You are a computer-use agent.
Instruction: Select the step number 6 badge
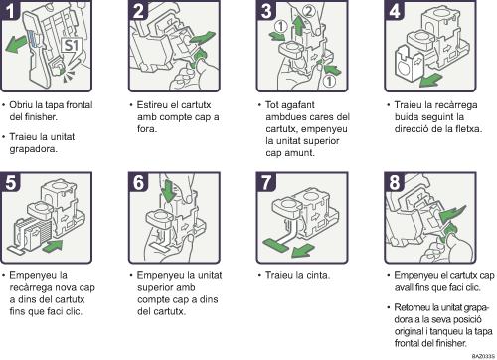(138, 185)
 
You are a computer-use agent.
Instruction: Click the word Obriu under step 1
(27, 102)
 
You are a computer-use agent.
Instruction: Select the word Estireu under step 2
(153, 102)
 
